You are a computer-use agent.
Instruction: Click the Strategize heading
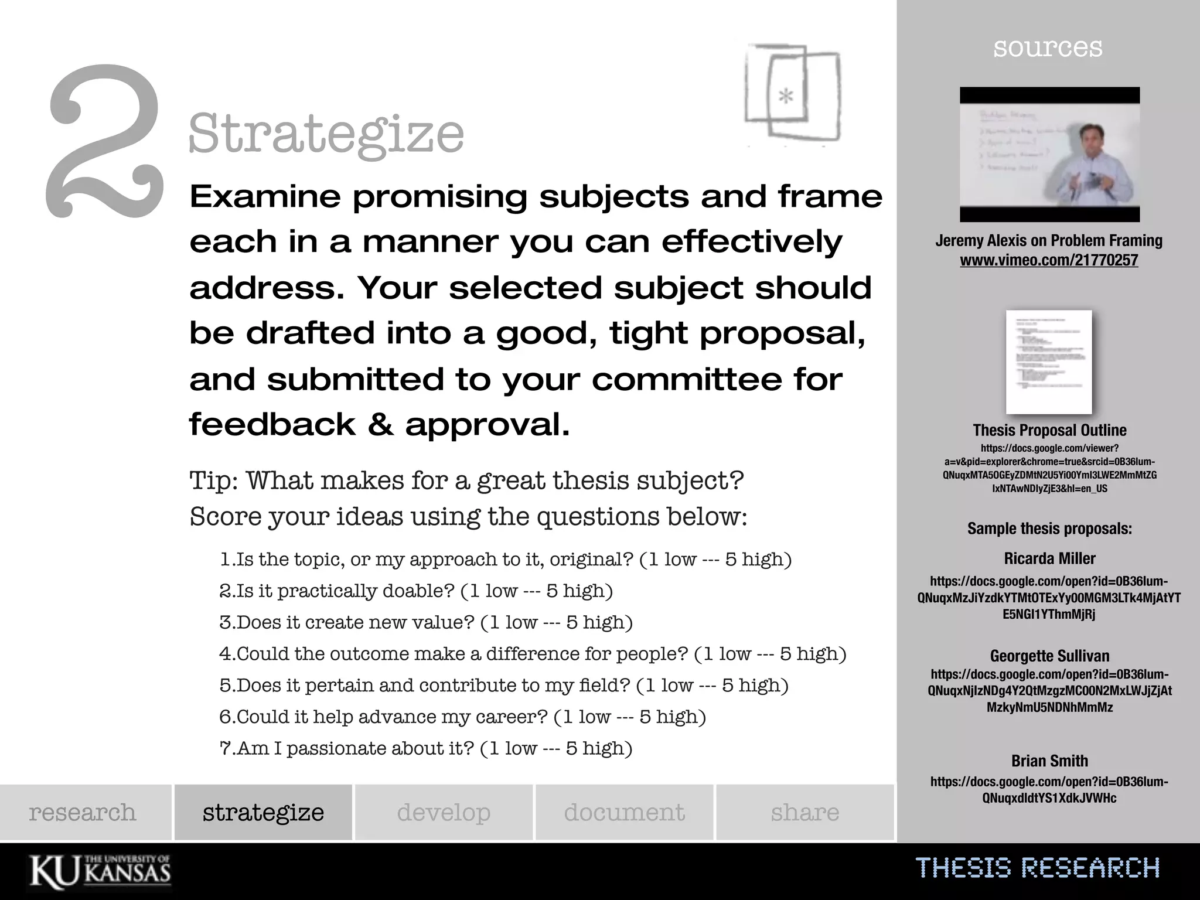[x=326, y=134]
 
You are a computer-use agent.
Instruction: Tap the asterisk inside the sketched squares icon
[x=786, y=96]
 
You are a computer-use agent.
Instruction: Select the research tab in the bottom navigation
[x=83, y=812]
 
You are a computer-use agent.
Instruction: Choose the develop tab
[x=444, y=812]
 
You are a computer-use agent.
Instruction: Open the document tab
[x=624, y=812]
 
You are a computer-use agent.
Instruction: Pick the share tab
[x=804, y=812]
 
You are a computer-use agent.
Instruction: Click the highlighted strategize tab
[x=263, y=812]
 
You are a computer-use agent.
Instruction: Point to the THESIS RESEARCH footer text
[x=1037, y=868]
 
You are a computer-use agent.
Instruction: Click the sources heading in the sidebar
[x=1048, y=47]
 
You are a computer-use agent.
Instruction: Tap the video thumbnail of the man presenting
[x=1049, y=155]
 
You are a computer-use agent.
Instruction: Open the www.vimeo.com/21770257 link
[x=1049, y=260]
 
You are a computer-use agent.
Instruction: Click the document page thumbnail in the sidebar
[x=1049, y=362]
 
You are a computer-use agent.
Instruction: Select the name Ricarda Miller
[x=1049, y=558]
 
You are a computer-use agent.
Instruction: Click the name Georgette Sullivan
[x=1049, y=656]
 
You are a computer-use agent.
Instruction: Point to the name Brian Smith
[x=1049, y=761]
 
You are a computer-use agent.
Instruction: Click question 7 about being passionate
[x=426, y=748]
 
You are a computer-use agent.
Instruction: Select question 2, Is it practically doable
[x=416, y=591]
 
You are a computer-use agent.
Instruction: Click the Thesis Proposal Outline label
[x=1049, y=430]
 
